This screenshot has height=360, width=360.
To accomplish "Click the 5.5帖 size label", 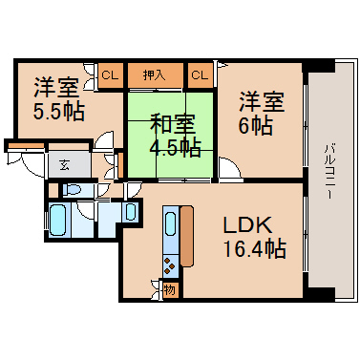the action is click(59, 112).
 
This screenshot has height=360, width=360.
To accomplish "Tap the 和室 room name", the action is click(172, 124).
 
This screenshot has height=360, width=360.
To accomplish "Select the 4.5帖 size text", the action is click(175, 147).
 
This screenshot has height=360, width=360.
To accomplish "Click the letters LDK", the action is click(246, 225).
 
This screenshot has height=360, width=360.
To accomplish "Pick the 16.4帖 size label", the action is click(254, 248).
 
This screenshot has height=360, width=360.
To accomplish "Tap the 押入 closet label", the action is click(154, 75).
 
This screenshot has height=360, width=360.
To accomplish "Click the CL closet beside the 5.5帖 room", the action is click(110, 75).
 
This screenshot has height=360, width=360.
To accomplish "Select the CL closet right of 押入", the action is click(200, 75).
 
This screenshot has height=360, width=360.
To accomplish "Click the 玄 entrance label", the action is click(65, 165).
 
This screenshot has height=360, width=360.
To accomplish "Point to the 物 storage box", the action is click(170, 290).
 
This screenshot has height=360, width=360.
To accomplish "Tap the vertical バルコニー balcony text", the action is click(328, 171).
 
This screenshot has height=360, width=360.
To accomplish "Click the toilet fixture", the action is click(73, 190).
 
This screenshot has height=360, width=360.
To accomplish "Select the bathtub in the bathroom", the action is click(57, 220).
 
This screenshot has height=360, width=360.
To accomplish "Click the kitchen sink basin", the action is click(171, 223).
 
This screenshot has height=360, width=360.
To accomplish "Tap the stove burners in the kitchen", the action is click(170, 265).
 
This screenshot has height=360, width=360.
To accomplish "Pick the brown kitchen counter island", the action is click(187, 236).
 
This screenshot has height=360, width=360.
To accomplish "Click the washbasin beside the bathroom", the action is click(131, 212).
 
